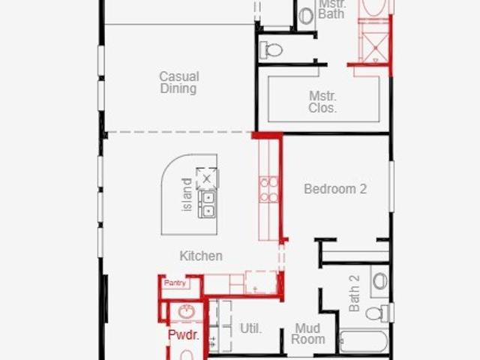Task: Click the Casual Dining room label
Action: (x=179, y=82)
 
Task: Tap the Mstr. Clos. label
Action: (x=322, y=102)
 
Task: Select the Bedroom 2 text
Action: (x=335, y=189)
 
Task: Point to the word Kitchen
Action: (x=201, y=256)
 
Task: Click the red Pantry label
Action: (x=175, y=283)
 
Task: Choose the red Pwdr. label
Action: (x=183, y=334)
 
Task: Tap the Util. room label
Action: (x=251, y=328)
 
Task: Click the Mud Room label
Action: (x=308, y=334)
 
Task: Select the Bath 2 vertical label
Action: (x=354, y=293)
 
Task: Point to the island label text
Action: (x=187, y=195)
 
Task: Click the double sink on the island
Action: (x=208, y=204)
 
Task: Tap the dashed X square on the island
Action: (x=207, y=178)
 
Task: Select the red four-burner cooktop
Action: (x=268, y=190)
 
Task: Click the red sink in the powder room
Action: (x=187, y=312)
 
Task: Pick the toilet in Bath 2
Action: (x=377, y=313)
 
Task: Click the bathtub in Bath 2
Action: (x=364, y=341)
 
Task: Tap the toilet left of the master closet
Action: (x=271, y=50)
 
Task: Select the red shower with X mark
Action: (x=373, y=48)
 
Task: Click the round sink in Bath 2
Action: (x=380, y=281)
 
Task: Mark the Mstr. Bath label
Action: (x=331, y=9)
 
